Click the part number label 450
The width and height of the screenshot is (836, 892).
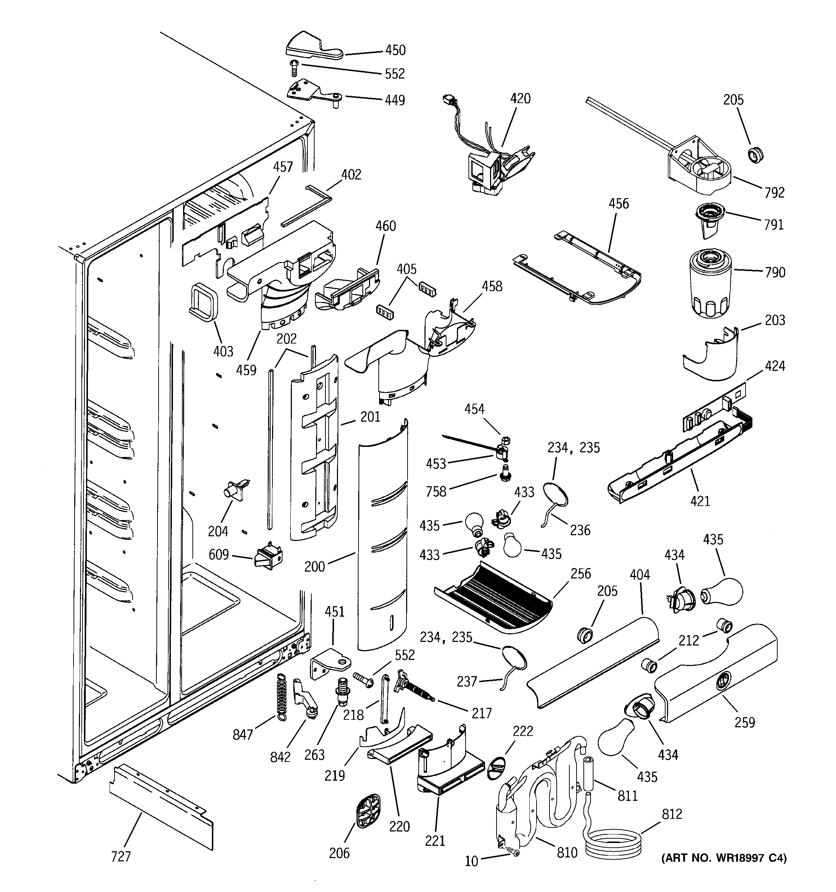[395, 50]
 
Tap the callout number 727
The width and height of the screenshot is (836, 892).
[121, 856]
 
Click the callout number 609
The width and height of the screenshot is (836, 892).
[218, 555]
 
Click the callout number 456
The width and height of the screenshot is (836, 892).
[618, 204]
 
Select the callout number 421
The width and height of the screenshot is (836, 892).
[700, 501]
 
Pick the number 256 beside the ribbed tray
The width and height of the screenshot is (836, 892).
[581, 573]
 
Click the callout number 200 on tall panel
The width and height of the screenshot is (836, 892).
[314, 566]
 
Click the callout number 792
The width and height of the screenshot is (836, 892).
[774, 192]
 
